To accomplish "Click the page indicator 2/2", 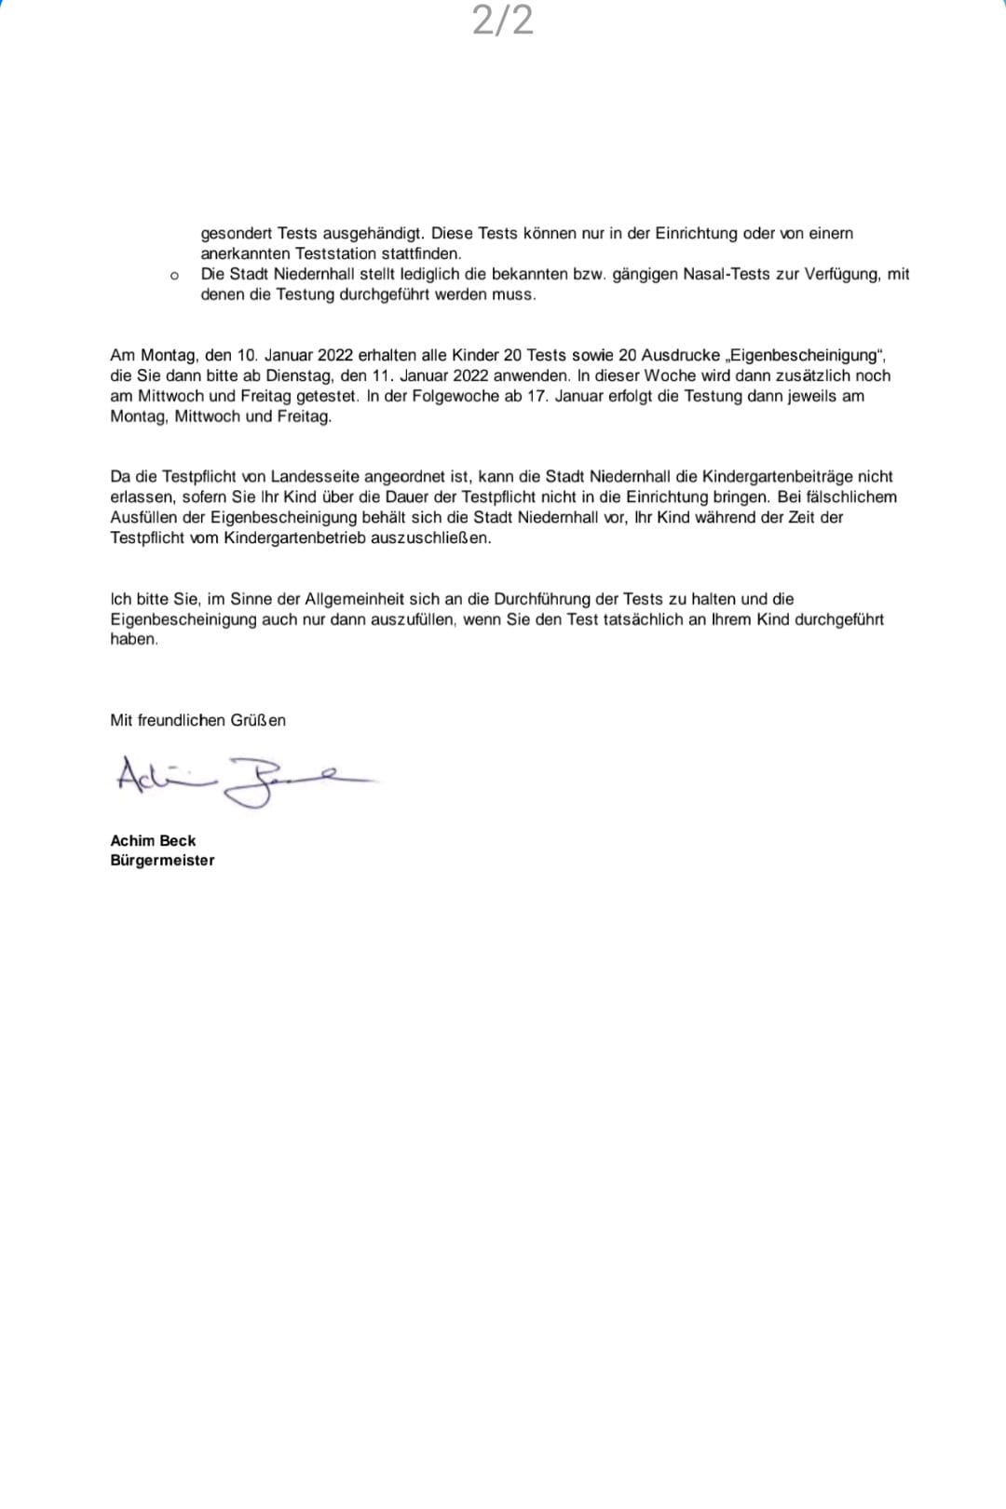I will [x=503, y=20].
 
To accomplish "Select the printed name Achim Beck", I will [x=153, y=840].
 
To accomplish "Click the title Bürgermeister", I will [x=162, y=861].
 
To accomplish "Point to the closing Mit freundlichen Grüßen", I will [x=197, y=720].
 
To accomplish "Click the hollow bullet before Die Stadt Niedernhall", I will [x=174, y=276].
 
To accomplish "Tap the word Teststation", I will [x=336, y=253].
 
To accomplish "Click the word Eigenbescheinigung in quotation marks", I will [x=805, y=355].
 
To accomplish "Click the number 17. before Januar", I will [x=537, y=396].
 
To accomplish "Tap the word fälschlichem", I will [x=844, y=496].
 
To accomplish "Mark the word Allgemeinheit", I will [x=354, y=599].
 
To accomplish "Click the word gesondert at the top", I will [x=237, y=233].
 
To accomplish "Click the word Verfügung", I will [x=843, y=274].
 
